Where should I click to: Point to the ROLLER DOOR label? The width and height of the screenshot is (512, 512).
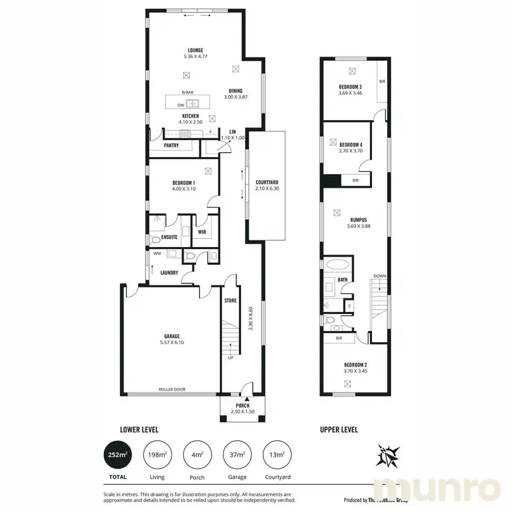tap(173, 390)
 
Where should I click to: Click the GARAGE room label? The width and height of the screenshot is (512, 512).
tap(171, 335)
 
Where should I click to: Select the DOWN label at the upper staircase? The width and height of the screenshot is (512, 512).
tap(380, 276)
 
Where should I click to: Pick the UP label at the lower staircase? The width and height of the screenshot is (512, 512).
tap(229, 356)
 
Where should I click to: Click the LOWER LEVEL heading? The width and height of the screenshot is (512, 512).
tap(139, 430)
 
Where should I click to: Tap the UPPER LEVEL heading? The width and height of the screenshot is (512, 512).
tap(339, 430)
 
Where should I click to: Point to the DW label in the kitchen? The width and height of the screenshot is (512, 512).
tap(182, 105)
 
